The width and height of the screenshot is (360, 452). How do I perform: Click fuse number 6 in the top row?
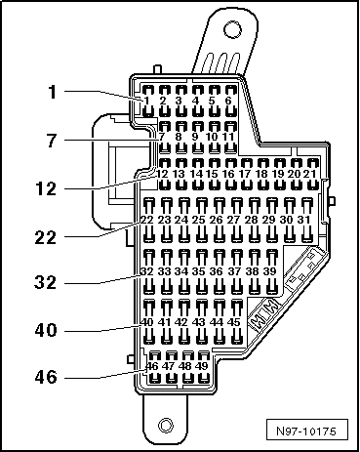pyautogui.click(x=228, y=101)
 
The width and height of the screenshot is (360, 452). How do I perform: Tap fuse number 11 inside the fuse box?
pyautogui.click(x=228, y=136)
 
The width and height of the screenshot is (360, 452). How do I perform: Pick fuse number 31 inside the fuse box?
pyautogui.click(x=304, y=221)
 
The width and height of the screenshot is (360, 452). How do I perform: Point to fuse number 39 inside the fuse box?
pyautogui.click(x=268, y=269)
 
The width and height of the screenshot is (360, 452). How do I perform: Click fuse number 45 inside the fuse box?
pyautogui.click(x=233, y=321)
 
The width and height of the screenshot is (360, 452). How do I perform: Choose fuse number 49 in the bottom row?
pyautogui.click(x=200, y=366)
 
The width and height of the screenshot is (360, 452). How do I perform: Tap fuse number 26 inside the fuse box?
pyautogui.click(x=217, y=221)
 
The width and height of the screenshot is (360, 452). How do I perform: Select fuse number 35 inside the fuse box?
pyautogui.click(x=199, y=269)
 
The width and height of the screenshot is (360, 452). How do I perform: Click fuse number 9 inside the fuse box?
pyautogui.click(x=195, y=136)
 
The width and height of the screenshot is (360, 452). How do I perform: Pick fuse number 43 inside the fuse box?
pyautogui.click(x=198, y=321)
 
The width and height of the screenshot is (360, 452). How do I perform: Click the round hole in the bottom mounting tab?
pyautogui.click(x=166, y=426)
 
